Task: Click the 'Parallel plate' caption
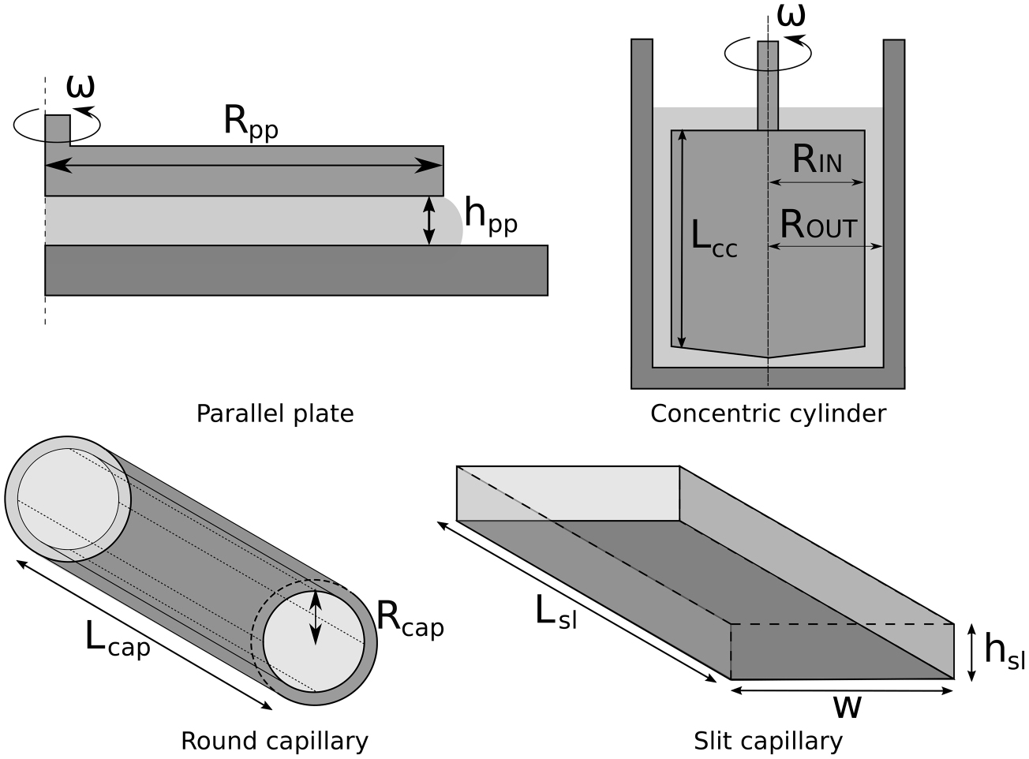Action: [x=275, y=413]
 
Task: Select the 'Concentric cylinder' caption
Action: [x=768, y=413]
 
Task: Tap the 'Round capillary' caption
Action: [x=275, y=741]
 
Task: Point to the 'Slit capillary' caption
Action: [x=768, y=741]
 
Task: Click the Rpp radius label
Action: [x=250, y=123]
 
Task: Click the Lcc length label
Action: [x=713, y=238]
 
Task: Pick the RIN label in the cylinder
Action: [x=817, y=160]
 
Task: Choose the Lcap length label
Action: [x=117, y=640]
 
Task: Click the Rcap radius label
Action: [x=410, y=619]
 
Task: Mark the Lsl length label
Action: [x=556, y=612]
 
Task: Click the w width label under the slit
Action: [x=847, y=706]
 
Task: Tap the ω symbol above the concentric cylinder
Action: [x=791, y=13]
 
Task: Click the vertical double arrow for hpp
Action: [x=428, y=220]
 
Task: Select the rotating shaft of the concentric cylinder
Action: [x=768, y=85]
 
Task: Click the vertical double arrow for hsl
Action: [x=971, y=652]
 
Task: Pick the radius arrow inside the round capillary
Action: [x=316, y=617]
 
